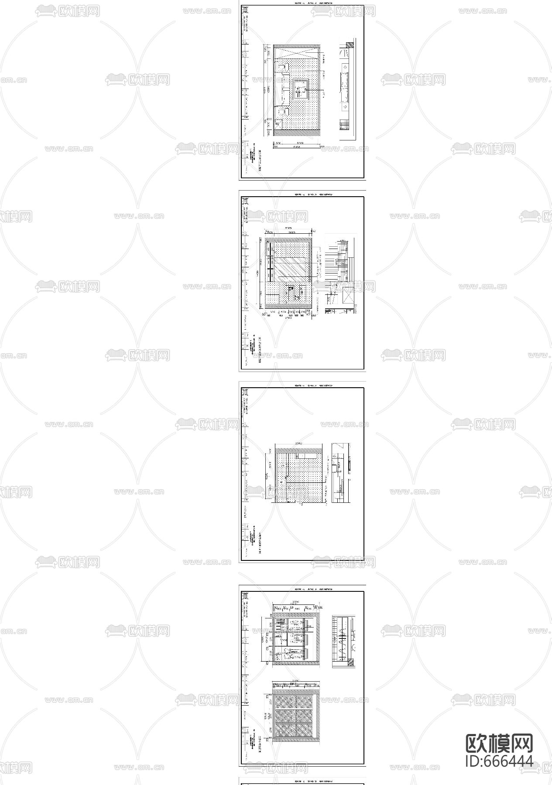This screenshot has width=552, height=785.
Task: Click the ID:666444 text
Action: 499,761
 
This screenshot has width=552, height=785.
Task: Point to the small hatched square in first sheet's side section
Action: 349,45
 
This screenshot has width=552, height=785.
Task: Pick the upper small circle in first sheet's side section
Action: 345,67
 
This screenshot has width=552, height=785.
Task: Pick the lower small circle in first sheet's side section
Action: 345,106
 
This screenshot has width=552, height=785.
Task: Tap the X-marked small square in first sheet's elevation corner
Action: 278,123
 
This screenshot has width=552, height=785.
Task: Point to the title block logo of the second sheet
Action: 245,201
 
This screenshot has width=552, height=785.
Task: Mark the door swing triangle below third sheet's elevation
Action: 301,505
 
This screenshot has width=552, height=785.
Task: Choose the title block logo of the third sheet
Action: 245,392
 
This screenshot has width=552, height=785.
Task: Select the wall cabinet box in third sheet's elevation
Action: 306,455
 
